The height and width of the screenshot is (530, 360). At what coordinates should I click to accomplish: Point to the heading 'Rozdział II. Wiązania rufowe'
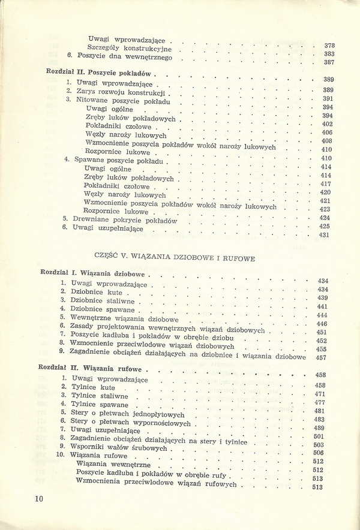pos(90,369)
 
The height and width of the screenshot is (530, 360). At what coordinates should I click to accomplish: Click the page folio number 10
pos(40,499)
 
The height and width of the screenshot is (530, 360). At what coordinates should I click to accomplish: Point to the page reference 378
pos(329,46)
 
